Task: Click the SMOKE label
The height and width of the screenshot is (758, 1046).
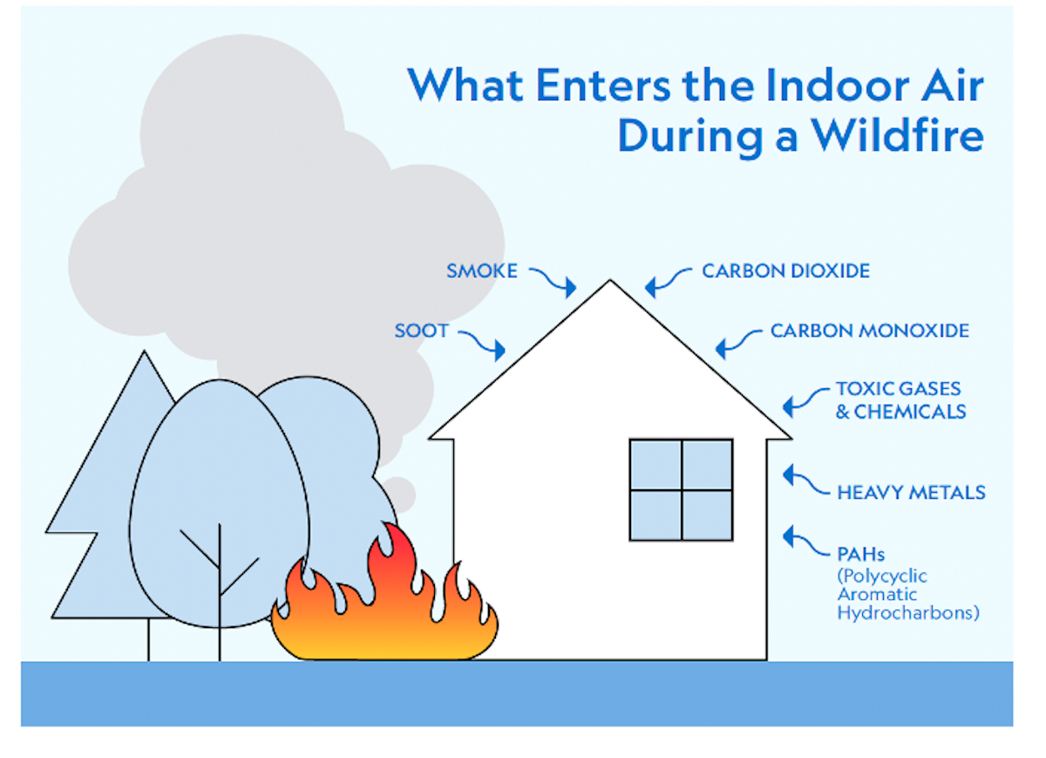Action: (x=481, y=270)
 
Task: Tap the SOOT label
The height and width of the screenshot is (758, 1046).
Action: (x=421, y=331)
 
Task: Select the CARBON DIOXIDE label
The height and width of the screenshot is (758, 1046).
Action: (x=785, y=270)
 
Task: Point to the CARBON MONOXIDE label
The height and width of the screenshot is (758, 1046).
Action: (x=869, y=331)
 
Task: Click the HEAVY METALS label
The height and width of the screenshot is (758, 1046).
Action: (x=911, y=493)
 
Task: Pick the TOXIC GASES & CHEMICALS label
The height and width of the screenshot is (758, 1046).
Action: (x=900, y=399)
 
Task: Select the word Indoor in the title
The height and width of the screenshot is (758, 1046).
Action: (x=818, y=85)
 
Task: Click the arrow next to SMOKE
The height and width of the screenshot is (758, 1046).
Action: (x=553, y=280)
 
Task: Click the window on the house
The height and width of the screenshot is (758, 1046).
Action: (x=681, y=489)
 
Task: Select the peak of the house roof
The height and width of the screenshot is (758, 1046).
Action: (x=610, y=283)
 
